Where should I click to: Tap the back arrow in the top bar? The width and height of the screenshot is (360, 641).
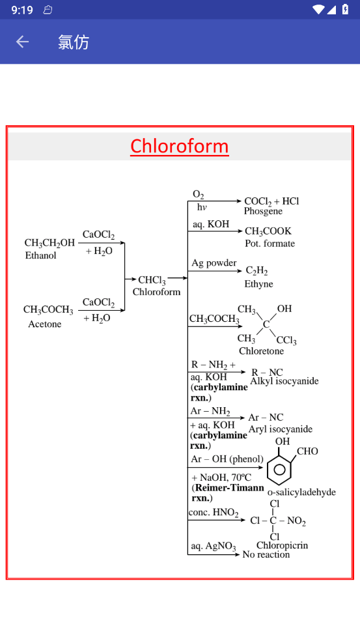tap(23, 42)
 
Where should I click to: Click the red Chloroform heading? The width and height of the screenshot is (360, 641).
tap(180, 146)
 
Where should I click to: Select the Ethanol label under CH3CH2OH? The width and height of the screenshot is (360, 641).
tap(40, 255)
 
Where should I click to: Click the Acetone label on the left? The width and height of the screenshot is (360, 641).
tap(44, 324)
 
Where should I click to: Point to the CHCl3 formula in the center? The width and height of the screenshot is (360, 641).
tap(152, 280)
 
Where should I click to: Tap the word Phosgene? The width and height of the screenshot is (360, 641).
tap(263, 211)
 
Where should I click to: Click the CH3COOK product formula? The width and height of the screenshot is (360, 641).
tap(268, 232)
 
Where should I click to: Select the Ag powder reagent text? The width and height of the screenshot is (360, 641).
tap(214, 263)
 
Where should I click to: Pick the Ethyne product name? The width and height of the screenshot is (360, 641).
tap(258, 284)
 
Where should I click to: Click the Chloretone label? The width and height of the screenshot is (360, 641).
tap(261, 350)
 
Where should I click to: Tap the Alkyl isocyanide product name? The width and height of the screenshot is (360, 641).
tap(284, 382)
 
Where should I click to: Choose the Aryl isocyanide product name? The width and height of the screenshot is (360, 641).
tap(281, 429)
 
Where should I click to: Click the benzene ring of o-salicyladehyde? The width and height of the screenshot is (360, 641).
tap(279, 469)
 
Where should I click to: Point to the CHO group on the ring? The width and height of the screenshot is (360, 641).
tap(307, 451)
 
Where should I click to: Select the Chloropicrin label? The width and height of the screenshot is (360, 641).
tap(282, 545)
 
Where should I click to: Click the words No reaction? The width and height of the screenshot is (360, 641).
tap(266, 554)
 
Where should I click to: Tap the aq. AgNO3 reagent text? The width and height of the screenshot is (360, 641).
tap(214, 547)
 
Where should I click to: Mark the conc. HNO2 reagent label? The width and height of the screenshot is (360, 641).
tap(214, 513)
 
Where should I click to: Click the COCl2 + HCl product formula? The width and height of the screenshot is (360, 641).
tap(271, 201)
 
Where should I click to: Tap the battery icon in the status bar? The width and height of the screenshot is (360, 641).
tap(345, 9)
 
